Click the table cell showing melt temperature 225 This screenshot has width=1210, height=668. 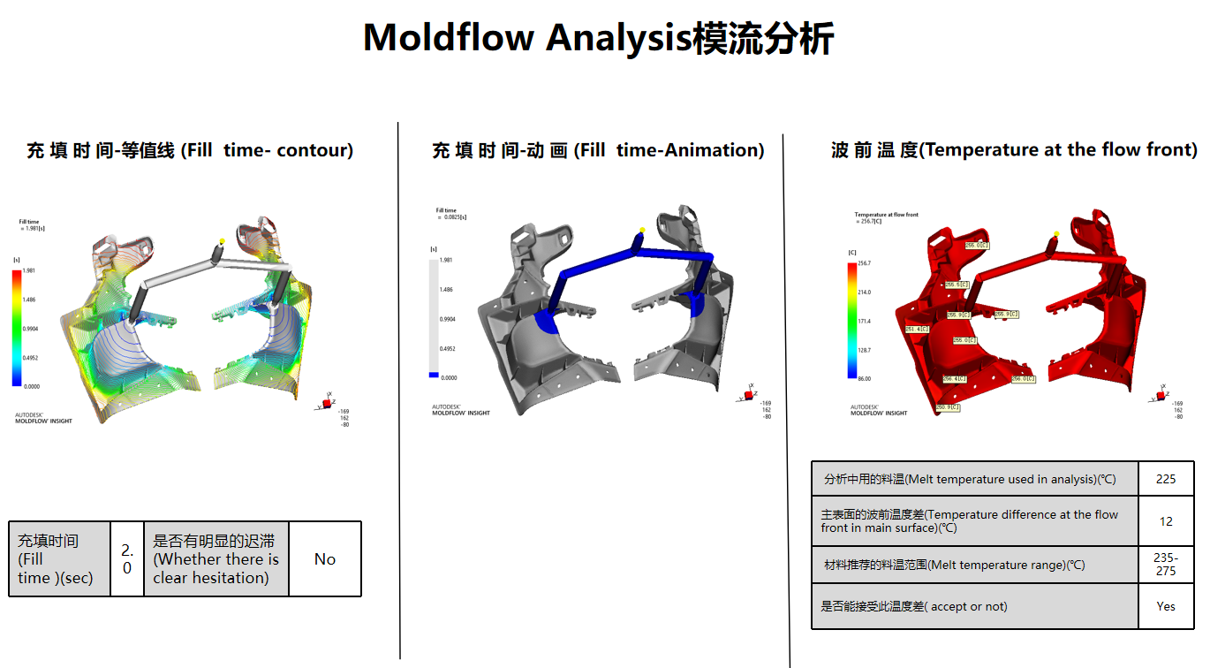pos(1166,479)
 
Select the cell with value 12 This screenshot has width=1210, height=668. pos(1166,521)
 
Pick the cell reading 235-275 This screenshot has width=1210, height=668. pos(1166,565)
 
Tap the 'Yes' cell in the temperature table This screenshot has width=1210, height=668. pos(1166,606)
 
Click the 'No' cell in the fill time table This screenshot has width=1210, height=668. pos(325,559)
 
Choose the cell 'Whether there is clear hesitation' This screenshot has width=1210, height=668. pos(216,559)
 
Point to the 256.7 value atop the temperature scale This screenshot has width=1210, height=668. pos(865,263)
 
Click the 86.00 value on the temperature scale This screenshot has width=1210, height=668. pos(865,379)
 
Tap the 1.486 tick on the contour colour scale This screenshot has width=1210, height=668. pos(29,300)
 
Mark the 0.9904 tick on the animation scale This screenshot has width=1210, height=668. pos(447,319)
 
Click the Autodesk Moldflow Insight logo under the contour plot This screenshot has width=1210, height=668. pos(43,417)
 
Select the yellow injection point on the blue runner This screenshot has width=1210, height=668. pos(643,231)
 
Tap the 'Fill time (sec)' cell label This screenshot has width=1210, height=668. pos(58,559)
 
